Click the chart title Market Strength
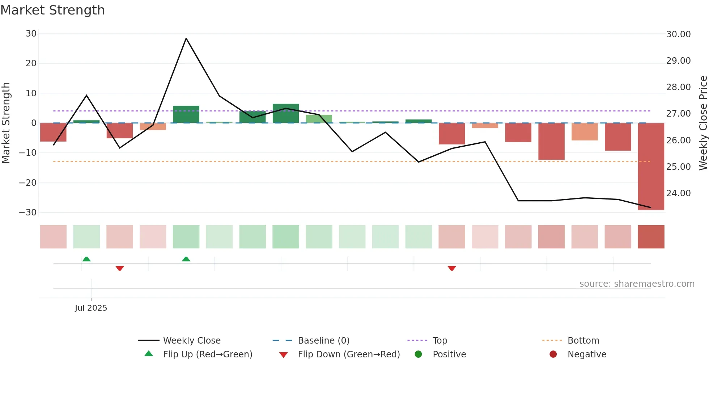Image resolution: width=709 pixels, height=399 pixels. click(x=53, y=10)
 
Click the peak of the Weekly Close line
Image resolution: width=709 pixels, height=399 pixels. click(x=186, y=38)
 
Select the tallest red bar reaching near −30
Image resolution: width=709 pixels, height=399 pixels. click(x=651, y=167)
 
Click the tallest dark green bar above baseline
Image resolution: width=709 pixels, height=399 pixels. click(x=285, y=113)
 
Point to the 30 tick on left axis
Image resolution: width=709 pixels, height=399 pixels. click(x=31, y=34)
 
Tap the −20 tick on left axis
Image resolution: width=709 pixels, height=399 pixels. click(x=28, y=183)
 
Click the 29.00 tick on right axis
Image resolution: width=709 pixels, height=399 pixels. click(x=678, y=61)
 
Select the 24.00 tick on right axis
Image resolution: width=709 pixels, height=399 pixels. click(x=678, y=193)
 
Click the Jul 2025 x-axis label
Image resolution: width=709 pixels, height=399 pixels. click(x=91, y=308)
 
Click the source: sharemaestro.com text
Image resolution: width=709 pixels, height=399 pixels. click(x=637, y=284)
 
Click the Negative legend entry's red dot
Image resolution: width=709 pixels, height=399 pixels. click(x=553, y=354)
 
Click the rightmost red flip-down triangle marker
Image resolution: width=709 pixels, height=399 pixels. click(x=451, y=268)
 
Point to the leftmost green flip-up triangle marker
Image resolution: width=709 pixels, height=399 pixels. click(x=86, y=259)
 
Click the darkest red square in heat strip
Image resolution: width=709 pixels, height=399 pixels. click(x=651, y=237)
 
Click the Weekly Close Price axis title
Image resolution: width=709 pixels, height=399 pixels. click(x=703, y=123)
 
